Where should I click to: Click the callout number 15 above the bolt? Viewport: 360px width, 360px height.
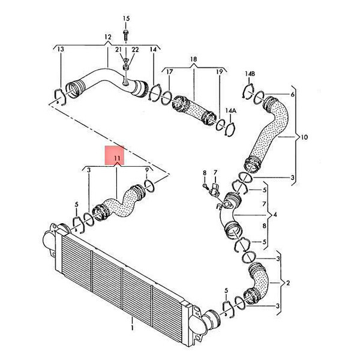pyautogui.click(x=126, y=19)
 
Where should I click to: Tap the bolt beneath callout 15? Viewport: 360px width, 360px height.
pyautogui.click(x=125, y=35)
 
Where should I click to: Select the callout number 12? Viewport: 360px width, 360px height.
pyautogui.click(x=107, y=37)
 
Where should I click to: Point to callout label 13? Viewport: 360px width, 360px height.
pyautogui.click(x=61, y=49)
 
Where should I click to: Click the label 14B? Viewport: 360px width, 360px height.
pyautogui.click(x=250, y=74)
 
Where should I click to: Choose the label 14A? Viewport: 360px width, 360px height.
pyautogui.click(x=231, y=110)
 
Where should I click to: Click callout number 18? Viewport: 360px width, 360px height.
pyautogui.click(x=194, y=59)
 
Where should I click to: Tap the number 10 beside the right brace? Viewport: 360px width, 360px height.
pyautogui.click(x=304, y=137)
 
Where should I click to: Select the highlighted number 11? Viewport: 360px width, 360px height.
pyautogui.click(x=117, y=158)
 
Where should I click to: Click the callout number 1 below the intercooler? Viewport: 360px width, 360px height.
pyautogui.click(x=132, y=328)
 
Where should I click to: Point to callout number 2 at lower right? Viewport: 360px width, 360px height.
pyautogui.click(x=288, y=283)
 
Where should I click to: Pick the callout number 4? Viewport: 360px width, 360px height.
pyautogui.click(x=275, y=215)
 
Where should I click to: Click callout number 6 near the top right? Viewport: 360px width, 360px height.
pyautogui.click(x=292, y=94)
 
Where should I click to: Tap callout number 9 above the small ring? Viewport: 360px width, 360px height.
pyautogui.click(x=147, y=170)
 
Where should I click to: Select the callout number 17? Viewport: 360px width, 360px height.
pyautogui.click(x=169, y=72)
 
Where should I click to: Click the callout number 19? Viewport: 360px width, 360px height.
pyautogui.click(x=220, y=72)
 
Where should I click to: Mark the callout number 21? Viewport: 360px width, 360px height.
pyautogui.click(x=118, y=49)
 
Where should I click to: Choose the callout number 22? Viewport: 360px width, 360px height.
pyautogui.click(x=135, y=49)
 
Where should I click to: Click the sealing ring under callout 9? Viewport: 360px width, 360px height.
pyautogui.click(x=149, y=186)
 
